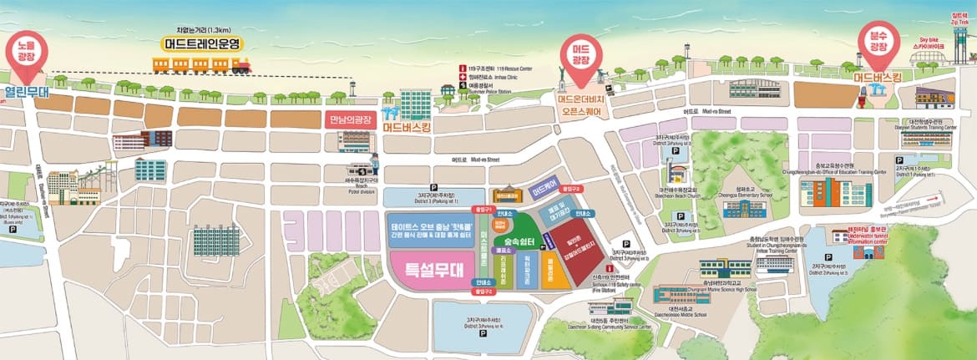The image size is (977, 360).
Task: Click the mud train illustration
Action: click(200, 64)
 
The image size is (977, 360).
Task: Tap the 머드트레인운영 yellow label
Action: click(202, 43)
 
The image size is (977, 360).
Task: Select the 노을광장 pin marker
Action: click(23, 53)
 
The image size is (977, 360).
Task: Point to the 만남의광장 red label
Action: click(350, 119)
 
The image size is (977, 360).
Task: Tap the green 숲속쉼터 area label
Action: click(519, 240)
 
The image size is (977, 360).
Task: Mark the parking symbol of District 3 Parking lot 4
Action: click(482, 335)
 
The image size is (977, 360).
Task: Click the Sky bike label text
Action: click(934, 41)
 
